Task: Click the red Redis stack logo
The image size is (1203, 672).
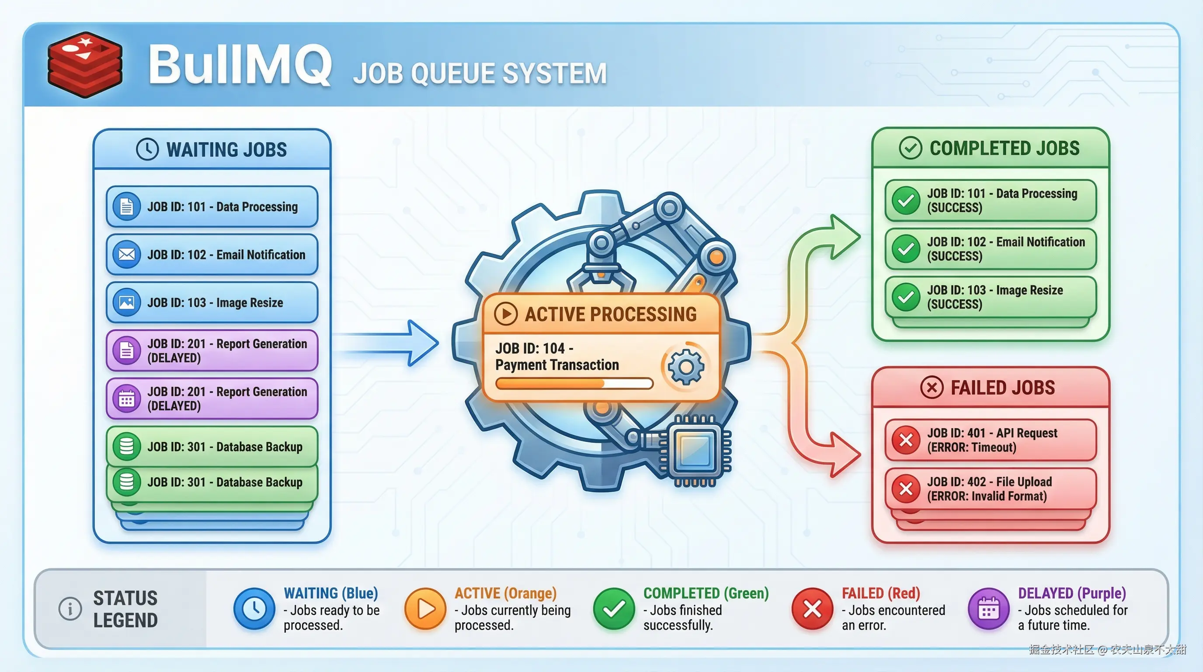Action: [85, 64]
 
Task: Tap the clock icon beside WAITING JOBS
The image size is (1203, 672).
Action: [147, 150]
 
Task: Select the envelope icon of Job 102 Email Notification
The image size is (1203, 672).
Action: [127, 255]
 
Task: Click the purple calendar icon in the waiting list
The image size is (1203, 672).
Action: [127, 399]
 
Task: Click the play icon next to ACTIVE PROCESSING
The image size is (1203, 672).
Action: [506, 314]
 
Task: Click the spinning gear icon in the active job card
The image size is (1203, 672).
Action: [685, 367]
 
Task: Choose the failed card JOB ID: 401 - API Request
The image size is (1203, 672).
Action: [990, 440]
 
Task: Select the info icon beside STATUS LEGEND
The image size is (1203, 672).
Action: [70, 609]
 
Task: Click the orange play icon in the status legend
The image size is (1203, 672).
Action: [425, 609]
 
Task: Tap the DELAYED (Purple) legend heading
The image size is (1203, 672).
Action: [1071, 593]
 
